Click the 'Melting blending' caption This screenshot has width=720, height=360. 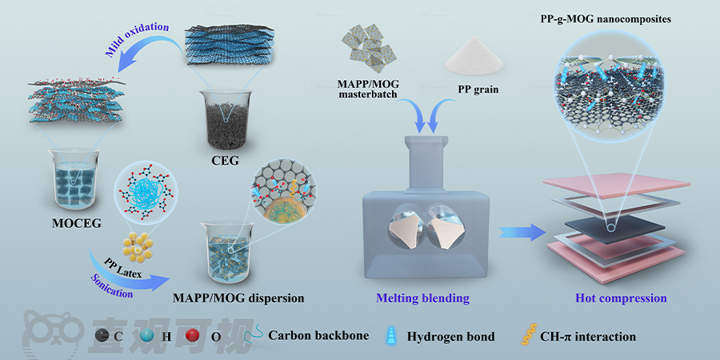coord(422,298)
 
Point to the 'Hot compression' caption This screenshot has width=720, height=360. coord(621,298)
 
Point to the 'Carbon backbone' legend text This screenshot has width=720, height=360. coord(318,336)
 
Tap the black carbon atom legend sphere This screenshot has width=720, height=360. coord(102,337)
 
